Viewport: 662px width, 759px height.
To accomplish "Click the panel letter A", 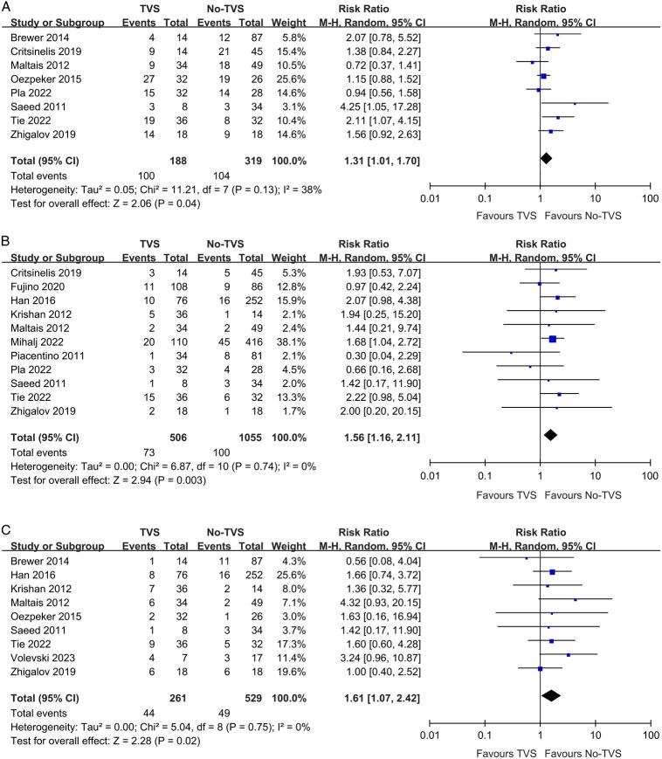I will pyautogui.click(x=7, y=7).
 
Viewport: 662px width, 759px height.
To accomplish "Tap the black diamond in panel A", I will pyautogui.click(x=546, y=157).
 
